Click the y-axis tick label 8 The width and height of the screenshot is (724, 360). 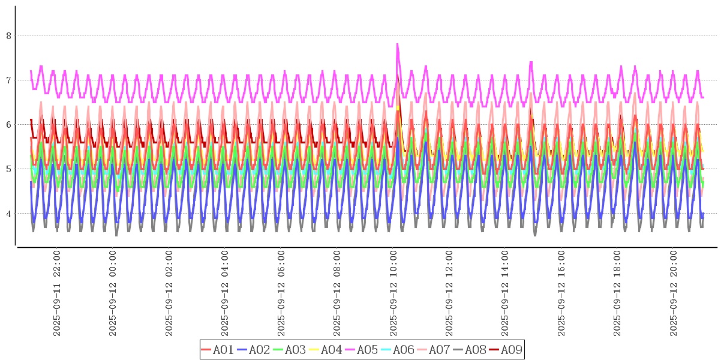(9, 35)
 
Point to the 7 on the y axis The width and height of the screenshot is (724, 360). (9, 80)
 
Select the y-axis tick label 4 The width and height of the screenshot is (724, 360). (9, 213)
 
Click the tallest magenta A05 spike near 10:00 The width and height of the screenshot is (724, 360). (397, 44)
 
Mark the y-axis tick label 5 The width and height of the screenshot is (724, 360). (9, 169)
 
